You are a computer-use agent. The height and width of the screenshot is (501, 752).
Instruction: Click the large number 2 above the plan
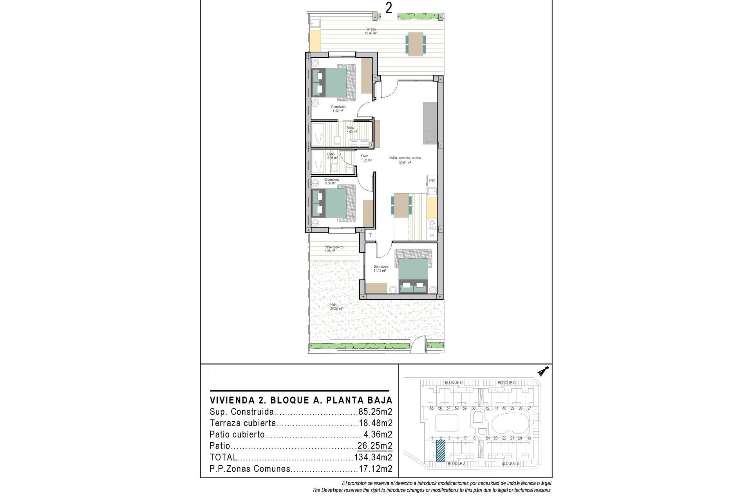point(389,8)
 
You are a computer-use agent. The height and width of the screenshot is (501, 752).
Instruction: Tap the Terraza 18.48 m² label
point(371,31)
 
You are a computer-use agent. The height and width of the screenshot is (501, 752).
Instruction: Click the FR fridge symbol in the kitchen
point(432,181)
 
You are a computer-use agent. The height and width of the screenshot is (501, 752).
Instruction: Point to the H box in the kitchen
point(432,236)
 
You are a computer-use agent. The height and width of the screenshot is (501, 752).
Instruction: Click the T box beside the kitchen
point(370,235)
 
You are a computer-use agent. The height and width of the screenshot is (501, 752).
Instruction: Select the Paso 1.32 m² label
point(365,158)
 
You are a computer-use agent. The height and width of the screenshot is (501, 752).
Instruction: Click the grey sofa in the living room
point(430,123)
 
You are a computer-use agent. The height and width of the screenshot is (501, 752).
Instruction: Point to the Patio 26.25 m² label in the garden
point(336,306)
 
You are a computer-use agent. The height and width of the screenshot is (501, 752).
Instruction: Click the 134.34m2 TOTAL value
point(373,457)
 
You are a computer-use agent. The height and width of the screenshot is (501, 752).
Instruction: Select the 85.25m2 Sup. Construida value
point(375,412)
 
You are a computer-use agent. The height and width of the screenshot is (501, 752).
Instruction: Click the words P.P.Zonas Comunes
point(250,469)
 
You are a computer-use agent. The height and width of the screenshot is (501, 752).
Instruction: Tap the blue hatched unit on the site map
point(441,451)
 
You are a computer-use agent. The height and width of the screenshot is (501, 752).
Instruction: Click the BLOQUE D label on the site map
point(454,382)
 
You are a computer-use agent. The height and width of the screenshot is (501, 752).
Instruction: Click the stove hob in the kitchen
point(432,224)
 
